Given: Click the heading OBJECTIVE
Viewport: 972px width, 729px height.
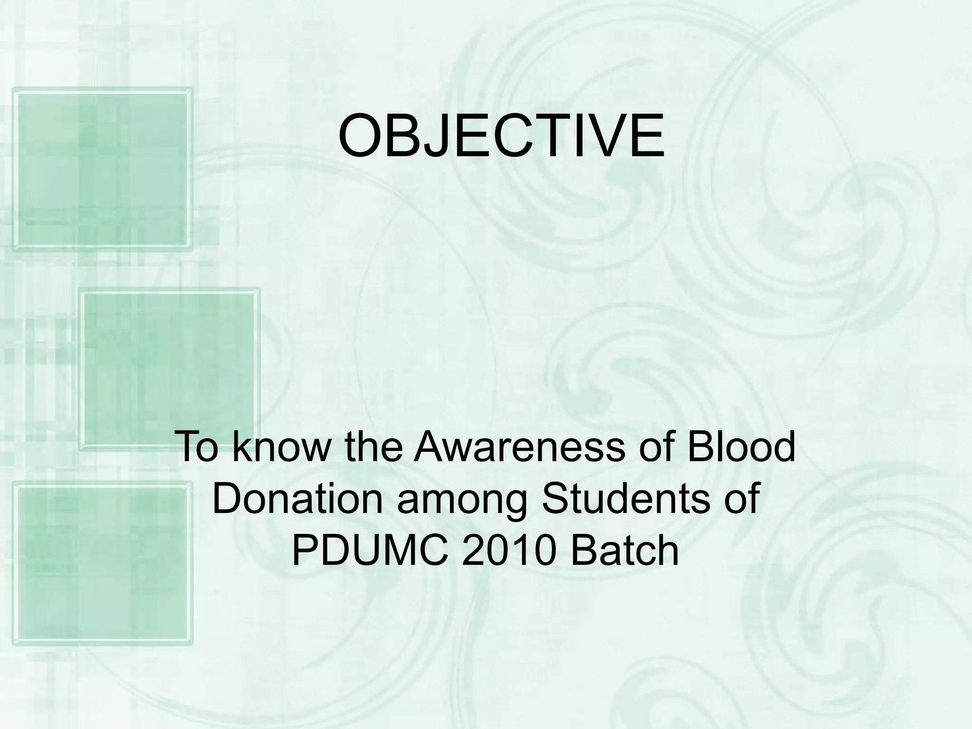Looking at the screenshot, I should pyautogui.click(x=501, y=136).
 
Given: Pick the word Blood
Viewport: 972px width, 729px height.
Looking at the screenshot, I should pyautogui.click(x=741, y=447).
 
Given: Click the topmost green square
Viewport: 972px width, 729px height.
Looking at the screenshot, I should pyautogui.click(x=102, y=169).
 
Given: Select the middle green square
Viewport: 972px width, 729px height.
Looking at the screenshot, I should pyautogui.click(x=169, y=368).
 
